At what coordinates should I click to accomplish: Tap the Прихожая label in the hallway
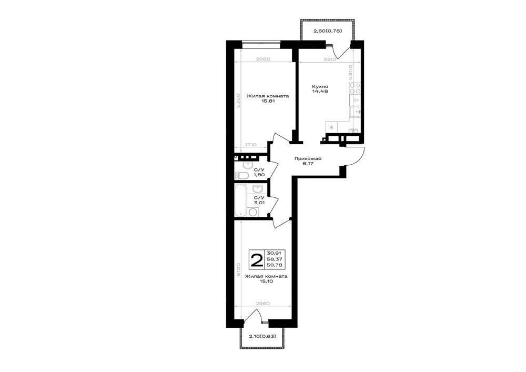(308, 159)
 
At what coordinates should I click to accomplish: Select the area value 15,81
(268, 101)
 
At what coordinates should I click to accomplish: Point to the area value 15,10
(266, 282)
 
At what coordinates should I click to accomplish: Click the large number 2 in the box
(257, 260)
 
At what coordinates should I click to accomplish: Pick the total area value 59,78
(275, 265)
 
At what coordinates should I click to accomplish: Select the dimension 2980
(263, 59)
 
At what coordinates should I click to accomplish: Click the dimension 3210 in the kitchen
(330, 59)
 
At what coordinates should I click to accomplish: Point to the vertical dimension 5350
(238, 100)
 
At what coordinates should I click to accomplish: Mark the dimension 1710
(250, 145)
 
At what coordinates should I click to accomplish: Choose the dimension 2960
(263, 303)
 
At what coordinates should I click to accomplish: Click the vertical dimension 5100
(238, 269)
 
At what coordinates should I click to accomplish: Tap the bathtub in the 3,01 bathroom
(240, 200)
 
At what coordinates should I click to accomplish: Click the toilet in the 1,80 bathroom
(241, 175)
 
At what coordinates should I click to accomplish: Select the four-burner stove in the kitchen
(355, 88)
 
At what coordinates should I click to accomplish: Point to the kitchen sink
(356, 112)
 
